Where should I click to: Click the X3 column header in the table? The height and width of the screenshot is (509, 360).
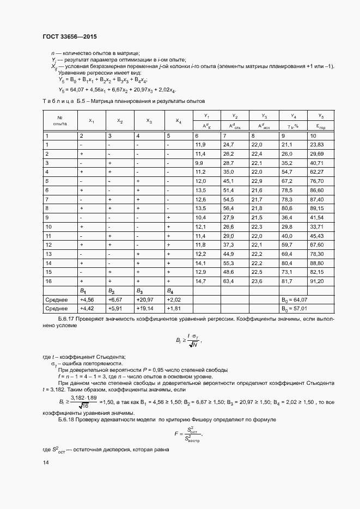pos(150,121)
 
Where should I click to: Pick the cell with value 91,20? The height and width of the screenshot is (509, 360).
pos(316,281)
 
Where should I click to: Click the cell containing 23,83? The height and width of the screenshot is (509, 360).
pos(316,144)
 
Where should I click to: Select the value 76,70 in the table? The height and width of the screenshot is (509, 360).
pos(316,181)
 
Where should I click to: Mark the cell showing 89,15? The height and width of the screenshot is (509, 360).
pos(316,208)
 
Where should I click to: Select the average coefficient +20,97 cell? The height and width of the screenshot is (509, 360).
pos(144,299)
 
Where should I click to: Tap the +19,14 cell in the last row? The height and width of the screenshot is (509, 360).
pos(144,309)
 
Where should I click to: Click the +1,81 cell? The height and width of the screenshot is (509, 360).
pos(173,309)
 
